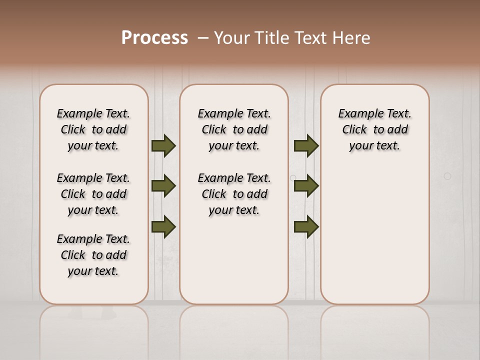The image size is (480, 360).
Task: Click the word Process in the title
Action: click(154, 38)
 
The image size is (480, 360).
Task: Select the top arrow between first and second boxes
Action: click(163, 145)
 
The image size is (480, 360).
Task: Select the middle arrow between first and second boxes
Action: click(163, 186)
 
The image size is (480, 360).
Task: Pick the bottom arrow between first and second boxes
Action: click(163, 226)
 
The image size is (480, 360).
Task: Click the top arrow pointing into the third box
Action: click(306, 145)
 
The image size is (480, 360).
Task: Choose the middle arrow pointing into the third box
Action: click(306, 186)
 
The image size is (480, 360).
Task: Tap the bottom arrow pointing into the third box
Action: click(306, 226)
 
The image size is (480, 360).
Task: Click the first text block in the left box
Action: click(93, 129)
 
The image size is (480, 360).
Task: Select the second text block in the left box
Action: click(93, 194)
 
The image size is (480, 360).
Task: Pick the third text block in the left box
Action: click(93, 255)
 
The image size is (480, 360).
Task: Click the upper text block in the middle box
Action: click(234, 129)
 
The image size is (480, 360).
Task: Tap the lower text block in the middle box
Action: click(234, 194)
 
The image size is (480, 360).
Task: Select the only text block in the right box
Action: click(375, 129)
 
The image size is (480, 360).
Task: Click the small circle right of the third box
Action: click(447, 176)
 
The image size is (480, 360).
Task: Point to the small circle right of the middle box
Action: click(293, 177)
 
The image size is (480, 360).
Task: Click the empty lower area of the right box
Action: click(375, 240)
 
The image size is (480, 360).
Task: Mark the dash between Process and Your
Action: click(203, 38)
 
